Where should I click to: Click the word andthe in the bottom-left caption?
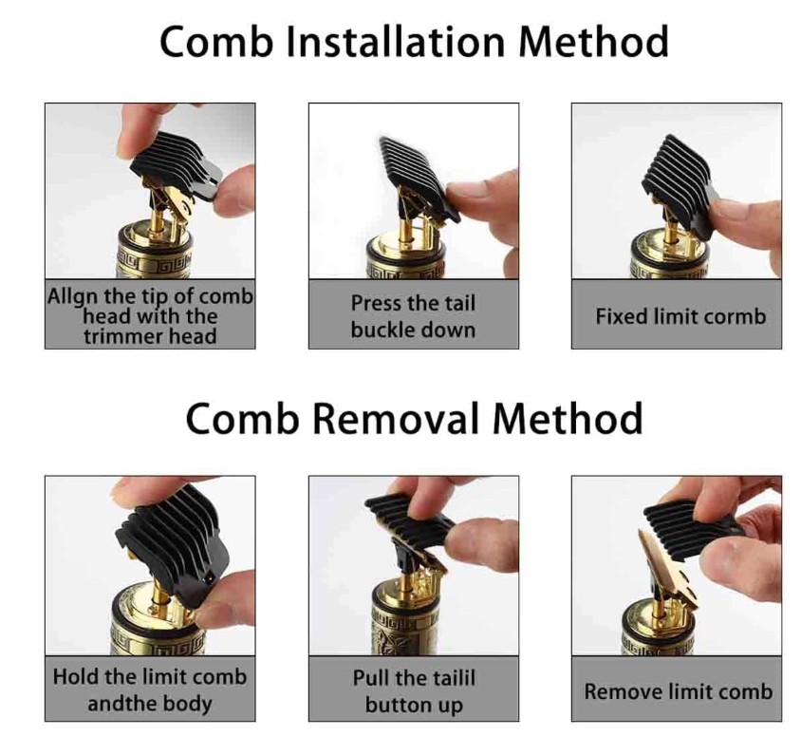(118, 703)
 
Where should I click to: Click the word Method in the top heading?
(593, 42)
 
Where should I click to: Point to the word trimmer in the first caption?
(118, 337)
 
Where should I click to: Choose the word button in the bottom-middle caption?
(398, 706)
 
